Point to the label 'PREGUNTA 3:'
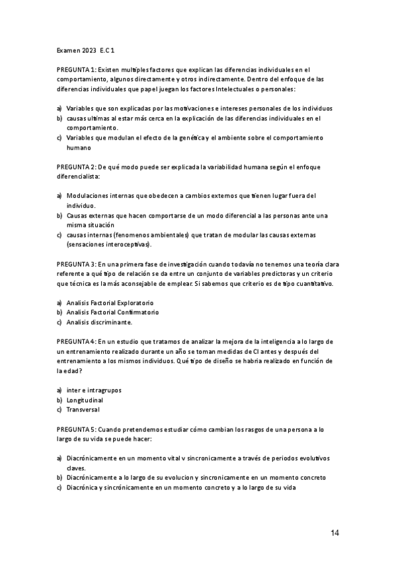pyautogui.click(x=77, y=264)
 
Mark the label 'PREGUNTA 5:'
pyautogui.click(x=77, y=429)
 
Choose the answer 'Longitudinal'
pyautogui.click(x=85, y=400)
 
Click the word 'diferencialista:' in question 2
pyautogui.click(x=78, y=178)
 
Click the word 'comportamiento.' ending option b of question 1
pyautogui.click(x=92, y=128)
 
